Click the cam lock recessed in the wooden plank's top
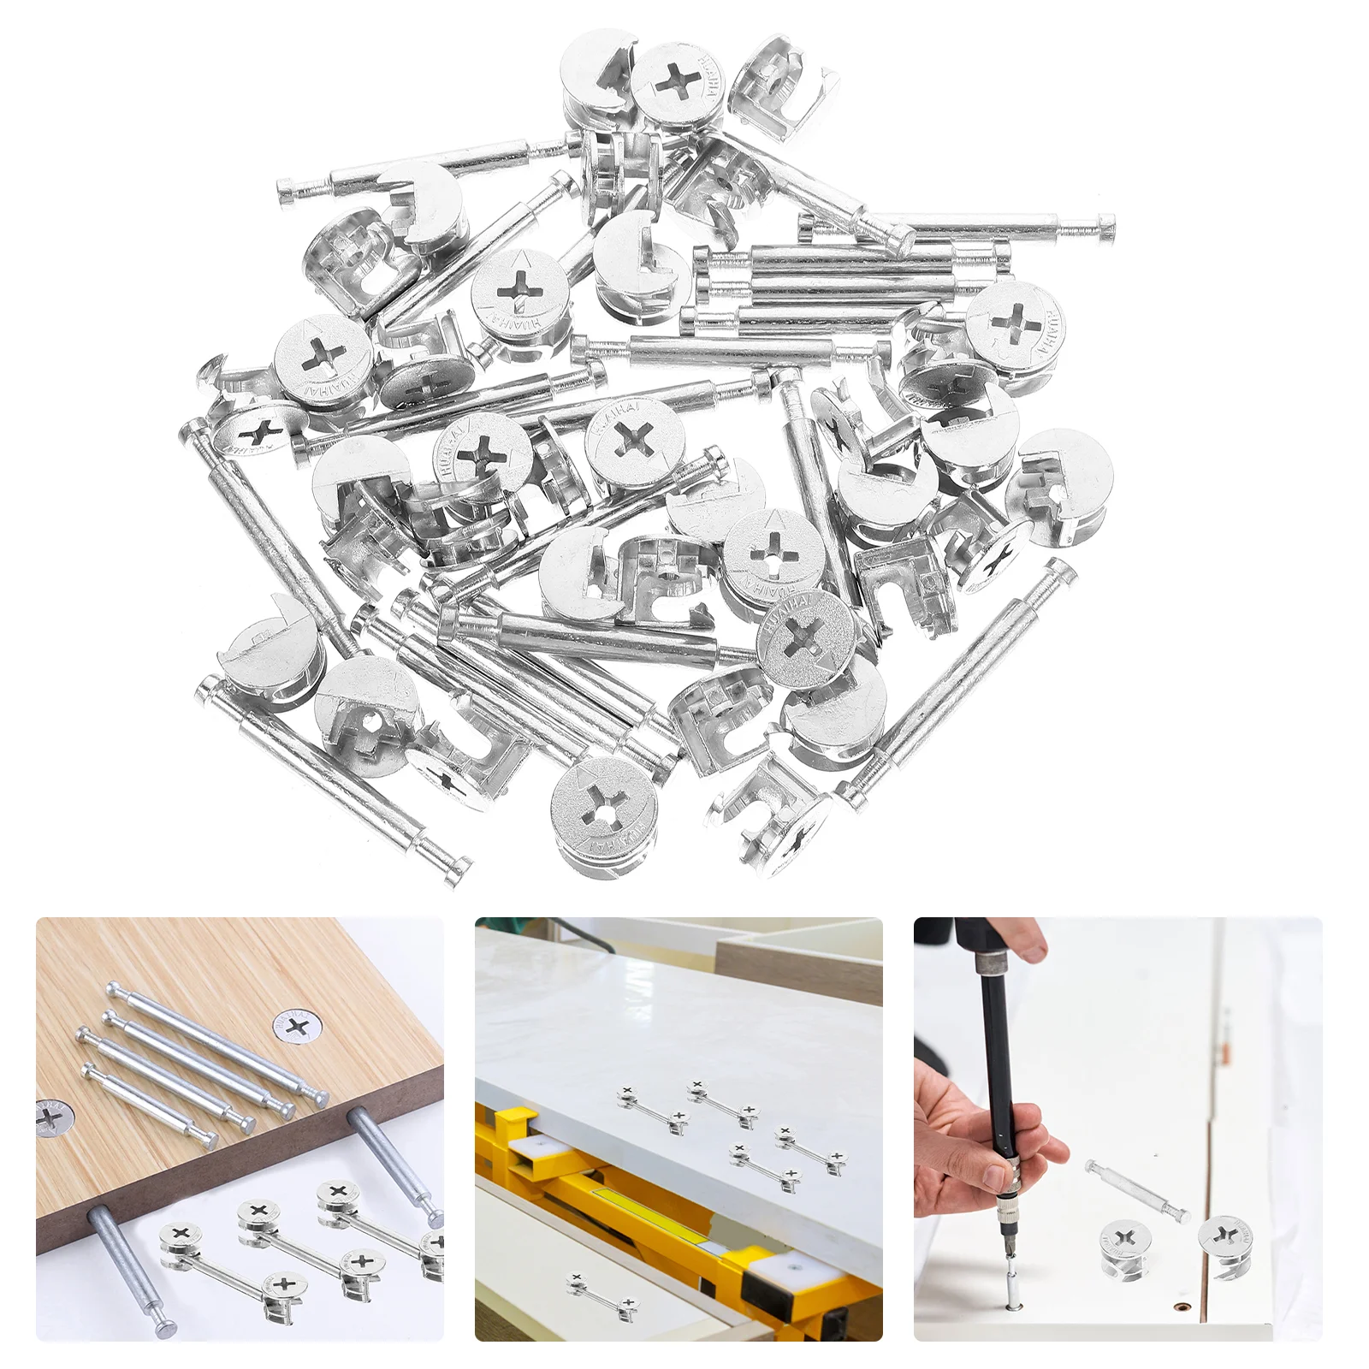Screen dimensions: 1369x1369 295,1026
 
